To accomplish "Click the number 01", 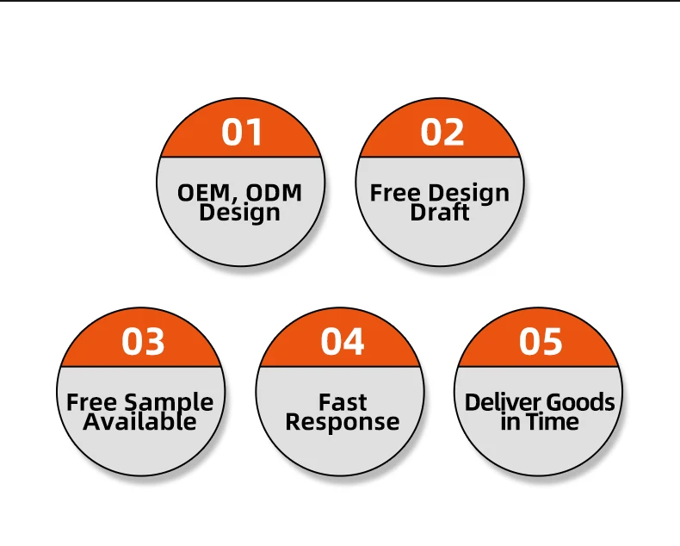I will click(241, 133).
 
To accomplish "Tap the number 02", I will click(442, 133).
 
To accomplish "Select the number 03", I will click(143, 342).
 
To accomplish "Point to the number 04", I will click(343, 342).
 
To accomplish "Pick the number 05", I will click(541, 342).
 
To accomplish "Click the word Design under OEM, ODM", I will click(239, 212).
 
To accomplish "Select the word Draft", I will click(440, 212).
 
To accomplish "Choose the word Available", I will click(139, 422).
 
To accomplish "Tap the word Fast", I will click(343, 402).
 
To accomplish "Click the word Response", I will click(343, 423).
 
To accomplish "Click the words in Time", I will click(540, 422).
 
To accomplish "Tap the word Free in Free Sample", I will click(92, 402).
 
